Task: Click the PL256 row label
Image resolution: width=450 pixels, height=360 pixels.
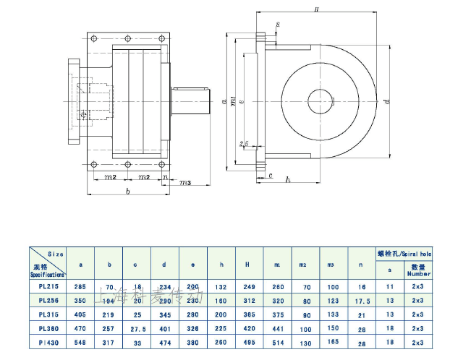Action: [x=47, y=300]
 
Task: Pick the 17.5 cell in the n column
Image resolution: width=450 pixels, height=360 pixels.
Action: [x=362, y=300]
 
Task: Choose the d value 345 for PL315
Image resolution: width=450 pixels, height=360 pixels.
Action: [x=165, y=314]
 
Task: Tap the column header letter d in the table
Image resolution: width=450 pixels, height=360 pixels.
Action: [x=165, y=265]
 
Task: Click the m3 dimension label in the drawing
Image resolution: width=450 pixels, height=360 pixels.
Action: [x=184, y=183]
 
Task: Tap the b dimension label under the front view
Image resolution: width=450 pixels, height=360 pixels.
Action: [x=128, y=193]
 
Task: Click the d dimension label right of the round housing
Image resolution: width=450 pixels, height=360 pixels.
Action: [x=387, y=101]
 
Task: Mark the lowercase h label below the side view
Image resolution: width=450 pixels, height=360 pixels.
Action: [x=287, y=179]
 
